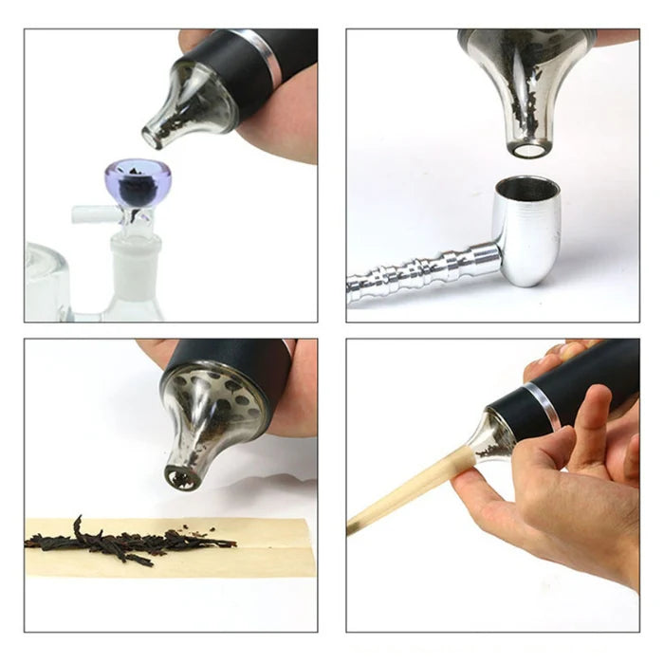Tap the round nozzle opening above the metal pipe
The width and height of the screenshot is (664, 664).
[529, 149]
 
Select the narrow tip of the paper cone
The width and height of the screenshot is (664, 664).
[354, 526]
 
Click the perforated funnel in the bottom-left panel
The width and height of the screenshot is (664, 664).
[204, 417]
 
